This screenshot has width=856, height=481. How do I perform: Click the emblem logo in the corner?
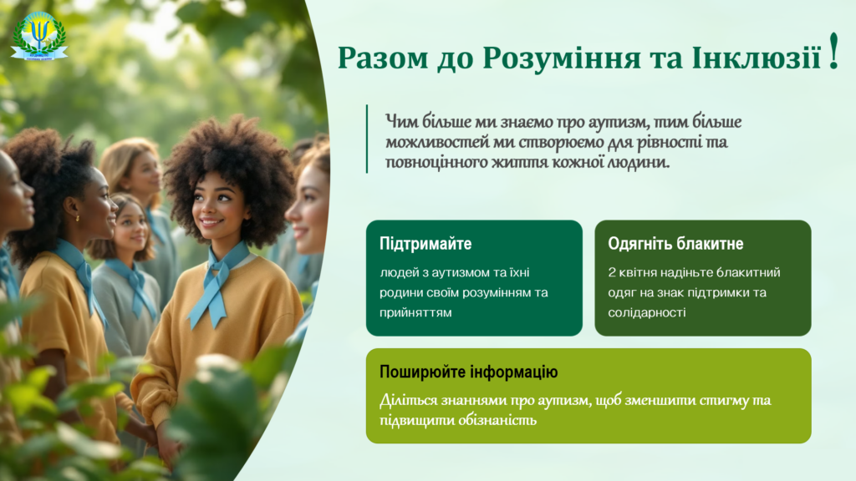coord(39,36)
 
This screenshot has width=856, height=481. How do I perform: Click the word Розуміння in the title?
coord(562,58)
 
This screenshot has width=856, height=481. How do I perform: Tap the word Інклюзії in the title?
coord(756,57)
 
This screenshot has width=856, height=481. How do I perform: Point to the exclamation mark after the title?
coord(833,51)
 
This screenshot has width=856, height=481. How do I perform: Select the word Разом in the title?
coord(383,58)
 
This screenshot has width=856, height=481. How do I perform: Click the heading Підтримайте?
coord(425,243)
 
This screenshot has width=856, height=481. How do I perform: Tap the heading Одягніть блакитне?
coord(675,243)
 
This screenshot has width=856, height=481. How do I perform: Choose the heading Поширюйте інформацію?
coord(468,372)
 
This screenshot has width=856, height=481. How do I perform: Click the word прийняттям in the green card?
coord(415,313)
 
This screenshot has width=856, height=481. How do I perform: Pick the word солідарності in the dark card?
coord(646,312)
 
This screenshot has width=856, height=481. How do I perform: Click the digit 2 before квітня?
coord(611,272)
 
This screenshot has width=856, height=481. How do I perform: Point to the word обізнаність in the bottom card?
coord(497,421)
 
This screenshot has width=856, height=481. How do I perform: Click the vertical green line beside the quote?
coord(367,139)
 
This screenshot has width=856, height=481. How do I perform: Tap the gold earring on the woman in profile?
coord(78,218)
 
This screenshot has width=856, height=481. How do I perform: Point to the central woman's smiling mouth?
coord(210,222)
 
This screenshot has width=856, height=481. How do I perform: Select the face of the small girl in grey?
coord(129,226)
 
